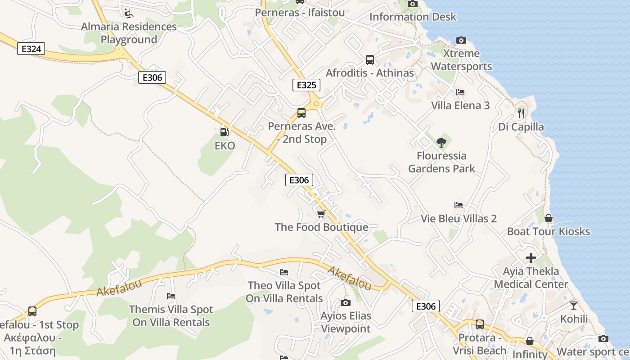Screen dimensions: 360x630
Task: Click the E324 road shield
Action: point(31,49)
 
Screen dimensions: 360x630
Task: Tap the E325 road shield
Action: point(306,85)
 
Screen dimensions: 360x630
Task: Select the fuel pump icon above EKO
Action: point(224,132)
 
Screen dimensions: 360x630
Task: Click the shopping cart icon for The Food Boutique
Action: point(321,214)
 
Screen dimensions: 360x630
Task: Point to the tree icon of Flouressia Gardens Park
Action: point(441,143)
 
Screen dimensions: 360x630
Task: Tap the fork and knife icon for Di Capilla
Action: point(521,113)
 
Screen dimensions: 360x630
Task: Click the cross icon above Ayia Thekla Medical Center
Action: point(531,258)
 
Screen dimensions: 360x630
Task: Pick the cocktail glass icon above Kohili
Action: point(574,305)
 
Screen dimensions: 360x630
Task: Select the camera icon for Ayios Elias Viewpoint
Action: point(346,302)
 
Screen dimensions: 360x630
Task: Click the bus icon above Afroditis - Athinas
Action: point(369,59)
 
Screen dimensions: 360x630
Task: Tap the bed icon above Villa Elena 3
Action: point(460,92)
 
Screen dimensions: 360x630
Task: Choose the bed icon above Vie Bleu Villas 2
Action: point(459,205)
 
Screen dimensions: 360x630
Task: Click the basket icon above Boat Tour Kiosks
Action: point(549,218)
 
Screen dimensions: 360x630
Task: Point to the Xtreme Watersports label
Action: point(461,60)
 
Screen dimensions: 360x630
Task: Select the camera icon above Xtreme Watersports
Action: point(461,40)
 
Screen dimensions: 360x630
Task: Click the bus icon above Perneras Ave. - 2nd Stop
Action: point(301,113)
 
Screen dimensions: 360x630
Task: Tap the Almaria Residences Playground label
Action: point(129,33)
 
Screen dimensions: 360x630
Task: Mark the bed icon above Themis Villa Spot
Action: point(171,296)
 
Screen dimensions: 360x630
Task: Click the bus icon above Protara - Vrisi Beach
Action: point(480,324)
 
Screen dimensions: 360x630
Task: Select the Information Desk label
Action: point(413,17)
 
